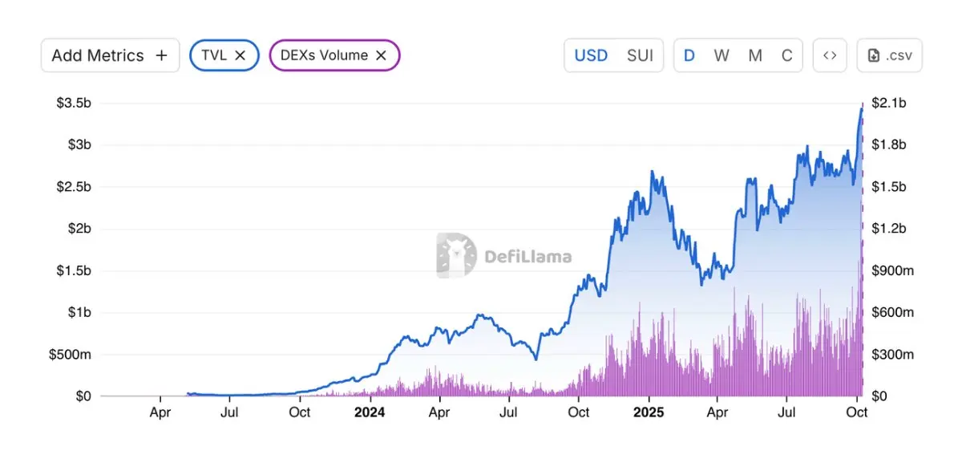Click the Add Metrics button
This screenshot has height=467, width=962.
coord(110,55)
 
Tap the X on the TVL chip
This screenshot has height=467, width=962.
coord(240,55)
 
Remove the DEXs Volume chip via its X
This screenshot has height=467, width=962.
coord(382,55)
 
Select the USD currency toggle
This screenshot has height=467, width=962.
coord(591,55)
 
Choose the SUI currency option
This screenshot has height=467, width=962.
coord(640,55)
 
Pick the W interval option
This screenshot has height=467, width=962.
coord(721,55)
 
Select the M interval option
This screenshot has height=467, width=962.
coord(755,55)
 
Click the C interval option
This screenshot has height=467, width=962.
coord(787,55)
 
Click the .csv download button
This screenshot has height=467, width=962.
coord(889,55)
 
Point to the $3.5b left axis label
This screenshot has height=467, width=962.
coord(74,103)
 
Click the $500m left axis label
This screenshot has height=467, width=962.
coord(70,354)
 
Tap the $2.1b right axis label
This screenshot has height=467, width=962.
coord(889,103)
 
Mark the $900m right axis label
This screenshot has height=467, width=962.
coord(892,270)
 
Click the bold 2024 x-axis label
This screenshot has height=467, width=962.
coord(370,412)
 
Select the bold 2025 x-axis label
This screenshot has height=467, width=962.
coord(649,412)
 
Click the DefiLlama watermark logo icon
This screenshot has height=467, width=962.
coord(456,256)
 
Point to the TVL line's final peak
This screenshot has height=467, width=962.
coord(862,107)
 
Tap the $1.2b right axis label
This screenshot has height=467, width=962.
coord(889,229)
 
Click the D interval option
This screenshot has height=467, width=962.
coord(689,55)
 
